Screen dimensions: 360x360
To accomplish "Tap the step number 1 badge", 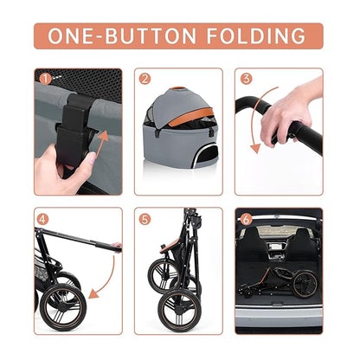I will (44, 77).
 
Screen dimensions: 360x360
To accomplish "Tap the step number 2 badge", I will (145, 78).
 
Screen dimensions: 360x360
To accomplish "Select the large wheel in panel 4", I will (63, 308).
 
